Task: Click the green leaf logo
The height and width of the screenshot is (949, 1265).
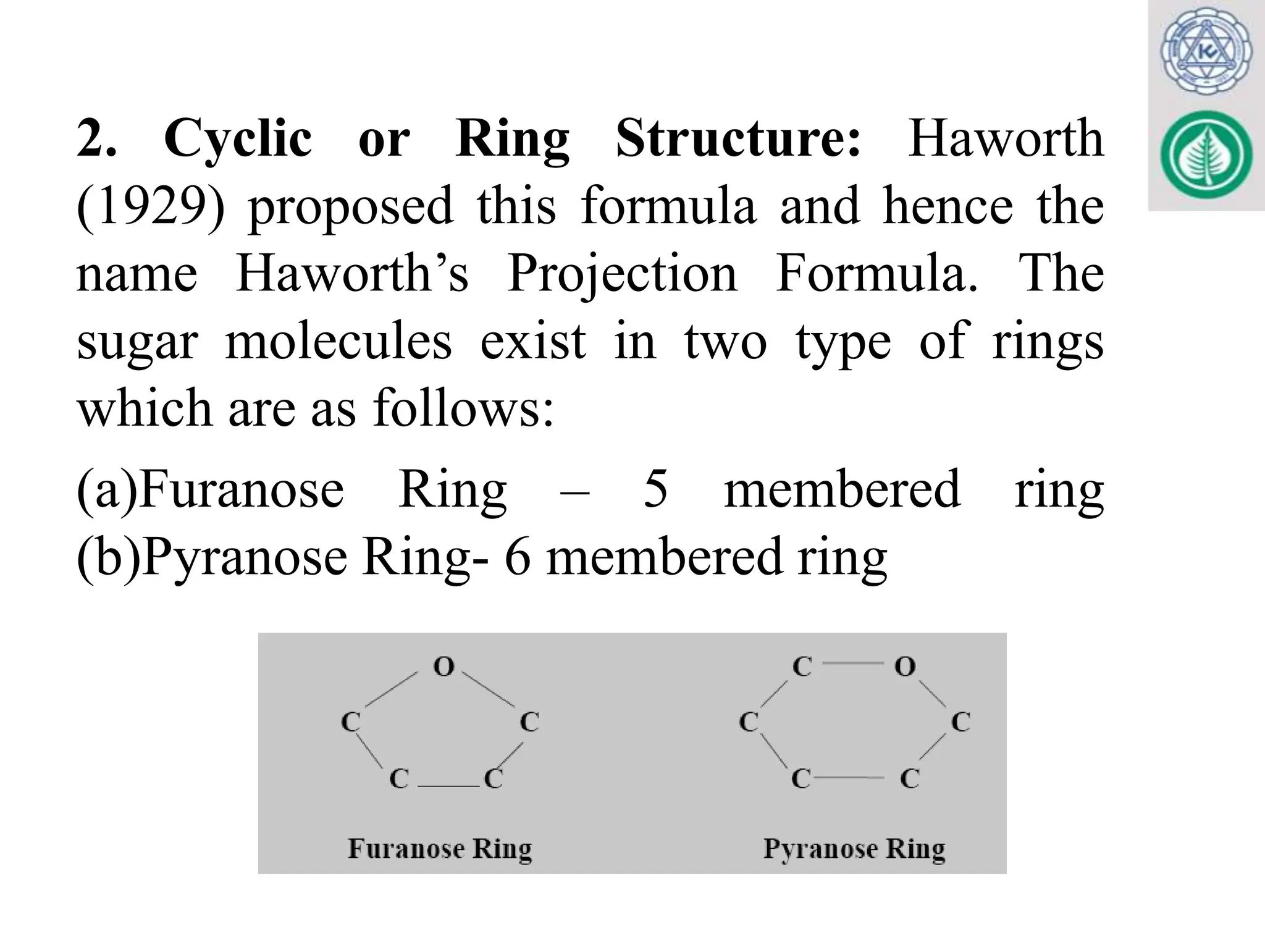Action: pos(1206,155)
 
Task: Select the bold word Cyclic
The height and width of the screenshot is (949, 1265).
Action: pos(238,140)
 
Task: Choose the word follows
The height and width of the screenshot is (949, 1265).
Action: pos(463,408)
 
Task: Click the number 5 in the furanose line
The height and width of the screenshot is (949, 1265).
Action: pos(655,489)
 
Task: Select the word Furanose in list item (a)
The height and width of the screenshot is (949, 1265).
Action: pos(240,489)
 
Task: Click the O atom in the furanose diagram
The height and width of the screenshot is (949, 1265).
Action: pos(443,666)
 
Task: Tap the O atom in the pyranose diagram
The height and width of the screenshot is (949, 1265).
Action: pos(905,666)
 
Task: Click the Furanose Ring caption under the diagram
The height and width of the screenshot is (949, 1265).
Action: pos(440,848)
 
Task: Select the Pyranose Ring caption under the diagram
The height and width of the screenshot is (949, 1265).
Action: pos(854,849)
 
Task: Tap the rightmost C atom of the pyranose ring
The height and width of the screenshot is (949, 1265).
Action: pos(960,721)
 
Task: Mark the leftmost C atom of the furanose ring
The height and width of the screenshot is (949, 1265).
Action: pos(351,721)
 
